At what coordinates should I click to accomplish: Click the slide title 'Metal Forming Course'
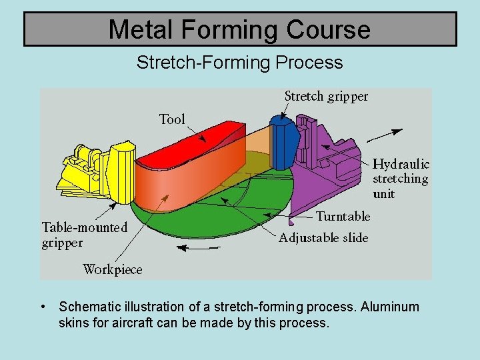239,29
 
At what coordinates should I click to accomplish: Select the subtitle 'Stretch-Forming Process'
239,63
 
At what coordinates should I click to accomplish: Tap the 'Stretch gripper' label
326,97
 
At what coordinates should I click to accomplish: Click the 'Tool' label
172,119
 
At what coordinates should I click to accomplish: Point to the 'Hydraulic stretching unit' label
401,179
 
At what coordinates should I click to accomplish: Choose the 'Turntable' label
343,216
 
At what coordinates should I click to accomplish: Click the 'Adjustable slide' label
323,238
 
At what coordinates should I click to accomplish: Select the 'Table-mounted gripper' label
84,235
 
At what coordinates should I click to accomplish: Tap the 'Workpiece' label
112,269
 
